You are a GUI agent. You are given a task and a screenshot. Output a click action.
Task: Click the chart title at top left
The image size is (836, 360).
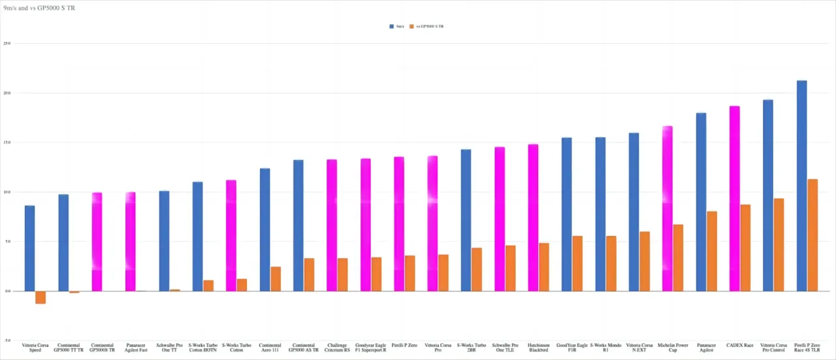39,8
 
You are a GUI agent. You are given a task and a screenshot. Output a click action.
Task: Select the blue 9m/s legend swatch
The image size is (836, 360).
392,27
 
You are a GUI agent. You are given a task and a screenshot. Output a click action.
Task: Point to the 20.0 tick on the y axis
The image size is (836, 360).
7,93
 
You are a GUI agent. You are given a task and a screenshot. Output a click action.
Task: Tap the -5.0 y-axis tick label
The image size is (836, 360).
7,340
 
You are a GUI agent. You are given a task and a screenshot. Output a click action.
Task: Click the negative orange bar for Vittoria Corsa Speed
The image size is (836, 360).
40,297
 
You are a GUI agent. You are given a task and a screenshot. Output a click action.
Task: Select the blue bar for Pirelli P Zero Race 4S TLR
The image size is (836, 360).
801,186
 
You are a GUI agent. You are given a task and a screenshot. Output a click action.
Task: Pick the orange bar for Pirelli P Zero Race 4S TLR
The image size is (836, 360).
812,235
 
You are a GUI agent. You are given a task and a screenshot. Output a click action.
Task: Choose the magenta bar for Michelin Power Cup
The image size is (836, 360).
667,208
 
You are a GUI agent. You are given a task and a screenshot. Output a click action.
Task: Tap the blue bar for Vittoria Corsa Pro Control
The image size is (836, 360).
767,195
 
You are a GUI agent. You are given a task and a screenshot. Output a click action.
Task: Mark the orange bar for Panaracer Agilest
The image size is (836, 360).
712,251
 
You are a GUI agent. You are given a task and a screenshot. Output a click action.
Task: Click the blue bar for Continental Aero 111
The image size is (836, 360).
265,229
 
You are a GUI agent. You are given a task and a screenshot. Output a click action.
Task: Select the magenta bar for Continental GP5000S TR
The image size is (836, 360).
97,242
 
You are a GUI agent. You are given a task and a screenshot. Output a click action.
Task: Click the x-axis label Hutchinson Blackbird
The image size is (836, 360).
539,348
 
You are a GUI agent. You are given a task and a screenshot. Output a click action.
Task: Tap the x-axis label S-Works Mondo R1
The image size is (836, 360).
605,348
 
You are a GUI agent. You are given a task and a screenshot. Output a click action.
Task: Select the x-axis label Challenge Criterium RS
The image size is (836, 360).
337,348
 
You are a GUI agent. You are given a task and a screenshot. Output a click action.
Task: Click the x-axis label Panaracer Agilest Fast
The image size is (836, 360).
136,348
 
